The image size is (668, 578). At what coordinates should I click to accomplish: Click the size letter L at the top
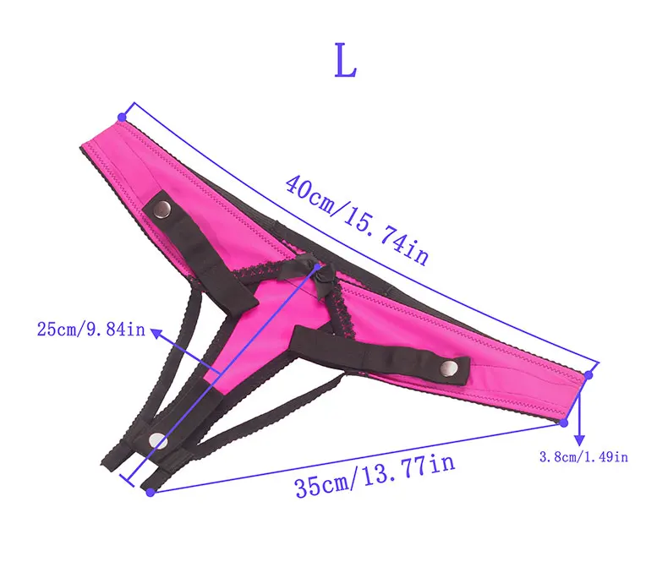pyautogui.click(x=345, y=61)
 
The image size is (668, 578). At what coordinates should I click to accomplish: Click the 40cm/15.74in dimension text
pyautogui.click(x=357, y=220)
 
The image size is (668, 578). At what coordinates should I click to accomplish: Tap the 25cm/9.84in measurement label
pyautogui.click(x=91, y=330)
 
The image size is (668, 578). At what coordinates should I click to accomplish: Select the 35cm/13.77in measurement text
pyautogui.click(x=375, y=476)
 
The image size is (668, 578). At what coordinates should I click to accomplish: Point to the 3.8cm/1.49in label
pyautogui.click(x=583, y=457)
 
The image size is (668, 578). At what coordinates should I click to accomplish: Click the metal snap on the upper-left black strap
pyautogui.click(x=162, y=208)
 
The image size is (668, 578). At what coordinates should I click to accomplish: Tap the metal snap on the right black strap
pyautogui.click(x=449, y=368)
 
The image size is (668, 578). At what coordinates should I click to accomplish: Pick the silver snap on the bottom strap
pyautogui.click(x=157, y=441)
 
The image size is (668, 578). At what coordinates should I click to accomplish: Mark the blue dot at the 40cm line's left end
pyautogui.click(x=123, y=117)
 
